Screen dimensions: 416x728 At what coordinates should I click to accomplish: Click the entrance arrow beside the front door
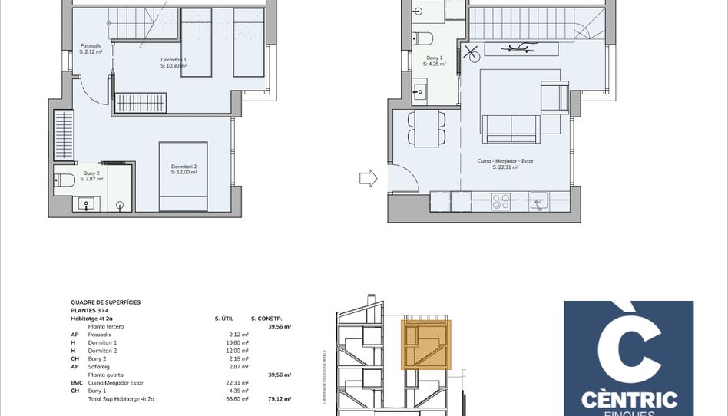[368, 179]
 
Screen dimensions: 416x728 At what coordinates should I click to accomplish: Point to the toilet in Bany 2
[65, 180]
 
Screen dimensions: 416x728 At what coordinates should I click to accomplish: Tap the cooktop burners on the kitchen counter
[501, 202]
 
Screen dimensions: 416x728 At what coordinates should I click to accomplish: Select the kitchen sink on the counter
[540, 201]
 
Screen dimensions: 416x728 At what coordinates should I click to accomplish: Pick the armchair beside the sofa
[553, 97]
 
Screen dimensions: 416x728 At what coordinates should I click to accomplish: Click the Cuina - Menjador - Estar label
[505, 161]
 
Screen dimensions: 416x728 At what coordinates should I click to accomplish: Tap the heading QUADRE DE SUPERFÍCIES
[105, 302]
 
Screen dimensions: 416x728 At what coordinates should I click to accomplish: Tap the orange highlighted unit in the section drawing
[427, 345]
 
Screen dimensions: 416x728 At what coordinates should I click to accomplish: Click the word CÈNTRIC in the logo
[629, 399]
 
